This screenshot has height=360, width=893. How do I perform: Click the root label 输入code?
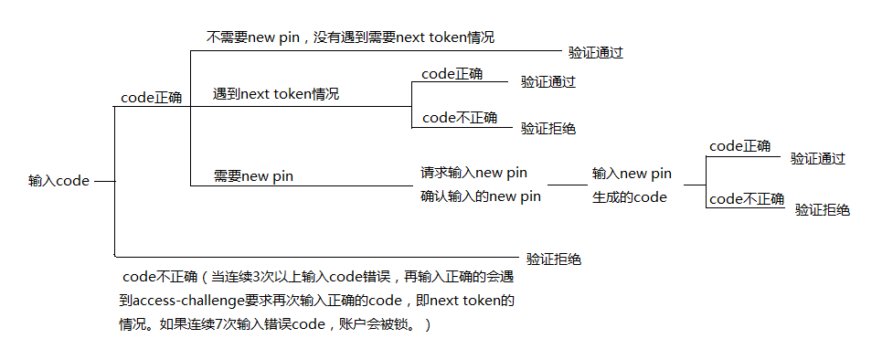click(58, 181)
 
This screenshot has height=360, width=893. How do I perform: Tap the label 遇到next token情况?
click(276, 94)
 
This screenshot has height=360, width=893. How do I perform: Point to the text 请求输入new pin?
click(473, 173)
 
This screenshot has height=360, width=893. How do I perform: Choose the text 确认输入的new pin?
click(480, 196)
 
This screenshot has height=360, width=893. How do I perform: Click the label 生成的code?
click(629, 196)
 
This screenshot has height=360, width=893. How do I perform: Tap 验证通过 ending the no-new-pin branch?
click(596, 53)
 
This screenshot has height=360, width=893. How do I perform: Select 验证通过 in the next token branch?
click(548, 82)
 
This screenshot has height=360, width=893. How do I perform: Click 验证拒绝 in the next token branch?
click(548, 129)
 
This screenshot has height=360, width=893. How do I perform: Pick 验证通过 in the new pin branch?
click(818, 159)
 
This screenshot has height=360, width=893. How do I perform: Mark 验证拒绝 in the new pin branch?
click(823, 210)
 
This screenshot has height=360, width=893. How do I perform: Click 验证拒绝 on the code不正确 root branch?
click(554, 259)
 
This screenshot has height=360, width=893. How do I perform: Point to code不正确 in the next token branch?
click(460, 117)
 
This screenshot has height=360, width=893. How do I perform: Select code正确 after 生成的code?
click(739, 146)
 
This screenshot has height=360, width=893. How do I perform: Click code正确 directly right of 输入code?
click(151, 97)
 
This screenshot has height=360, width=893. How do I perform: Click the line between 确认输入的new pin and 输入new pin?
click(567, 185)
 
